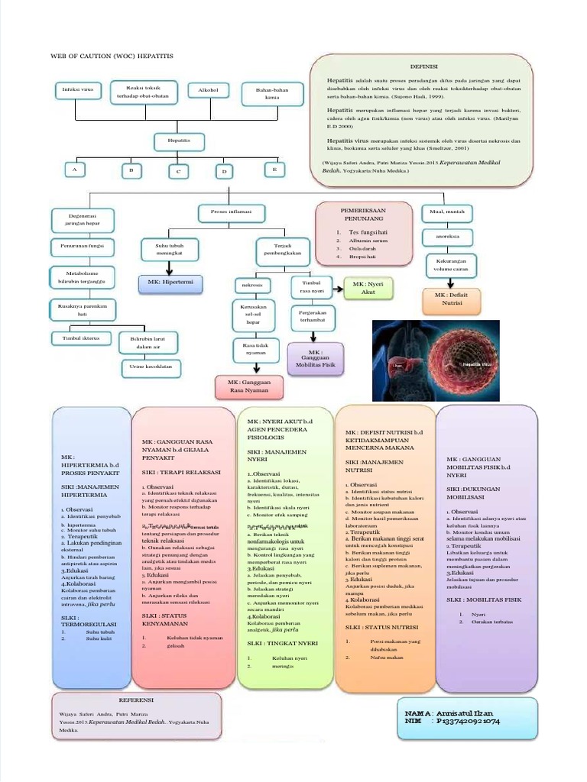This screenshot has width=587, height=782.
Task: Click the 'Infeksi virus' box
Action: coord(76,92)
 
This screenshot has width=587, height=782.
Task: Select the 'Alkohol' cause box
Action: coord(208,91)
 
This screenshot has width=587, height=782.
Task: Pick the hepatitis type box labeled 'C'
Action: coord(178,171)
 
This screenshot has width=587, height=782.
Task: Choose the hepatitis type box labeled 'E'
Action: coord(274,169)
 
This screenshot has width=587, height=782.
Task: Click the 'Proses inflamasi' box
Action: coord(225,211)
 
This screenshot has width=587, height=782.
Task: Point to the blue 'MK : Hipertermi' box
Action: coord(170,283)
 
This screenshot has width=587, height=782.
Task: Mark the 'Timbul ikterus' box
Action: coord(76,337)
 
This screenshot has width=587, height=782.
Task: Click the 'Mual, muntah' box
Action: coord(447,212)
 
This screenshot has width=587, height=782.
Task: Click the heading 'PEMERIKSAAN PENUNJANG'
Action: coord(362,214)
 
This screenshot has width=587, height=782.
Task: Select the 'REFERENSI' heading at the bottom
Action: coord(138,700)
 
